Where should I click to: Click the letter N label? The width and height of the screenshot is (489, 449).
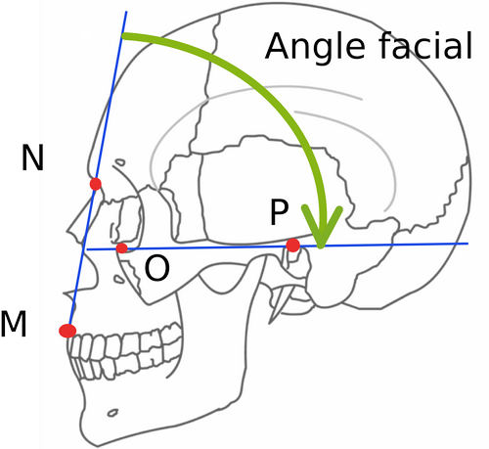[32, 157]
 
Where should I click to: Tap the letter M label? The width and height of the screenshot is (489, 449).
[14, 324]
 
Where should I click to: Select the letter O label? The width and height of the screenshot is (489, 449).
[156, 268]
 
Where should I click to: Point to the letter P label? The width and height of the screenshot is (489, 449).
[279, 212]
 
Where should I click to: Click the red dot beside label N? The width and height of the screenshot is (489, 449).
[96, 184]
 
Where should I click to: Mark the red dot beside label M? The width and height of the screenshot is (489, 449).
[67, 331]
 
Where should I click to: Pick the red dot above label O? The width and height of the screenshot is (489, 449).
[122, 248]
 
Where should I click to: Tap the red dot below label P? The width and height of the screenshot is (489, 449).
[292, 246]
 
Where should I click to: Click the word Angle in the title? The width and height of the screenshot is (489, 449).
[315, 46]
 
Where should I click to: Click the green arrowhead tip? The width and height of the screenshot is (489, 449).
[321, 247]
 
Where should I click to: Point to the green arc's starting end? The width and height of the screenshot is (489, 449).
[123, 36]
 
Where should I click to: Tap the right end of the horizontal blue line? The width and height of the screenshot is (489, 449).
[468, 244]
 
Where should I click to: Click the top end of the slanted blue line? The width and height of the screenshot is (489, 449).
[126, 12]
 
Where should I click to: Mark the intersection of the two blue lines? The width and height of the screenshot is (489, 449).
[84, 249]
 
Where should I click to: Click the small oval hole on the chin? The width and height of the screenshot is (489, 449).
[112, 413]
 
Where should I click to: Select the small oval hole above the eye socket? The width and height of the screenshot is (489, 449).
[120, 162]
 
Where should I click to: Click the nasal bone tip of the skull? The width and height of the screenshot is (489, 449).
[67, 232]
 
